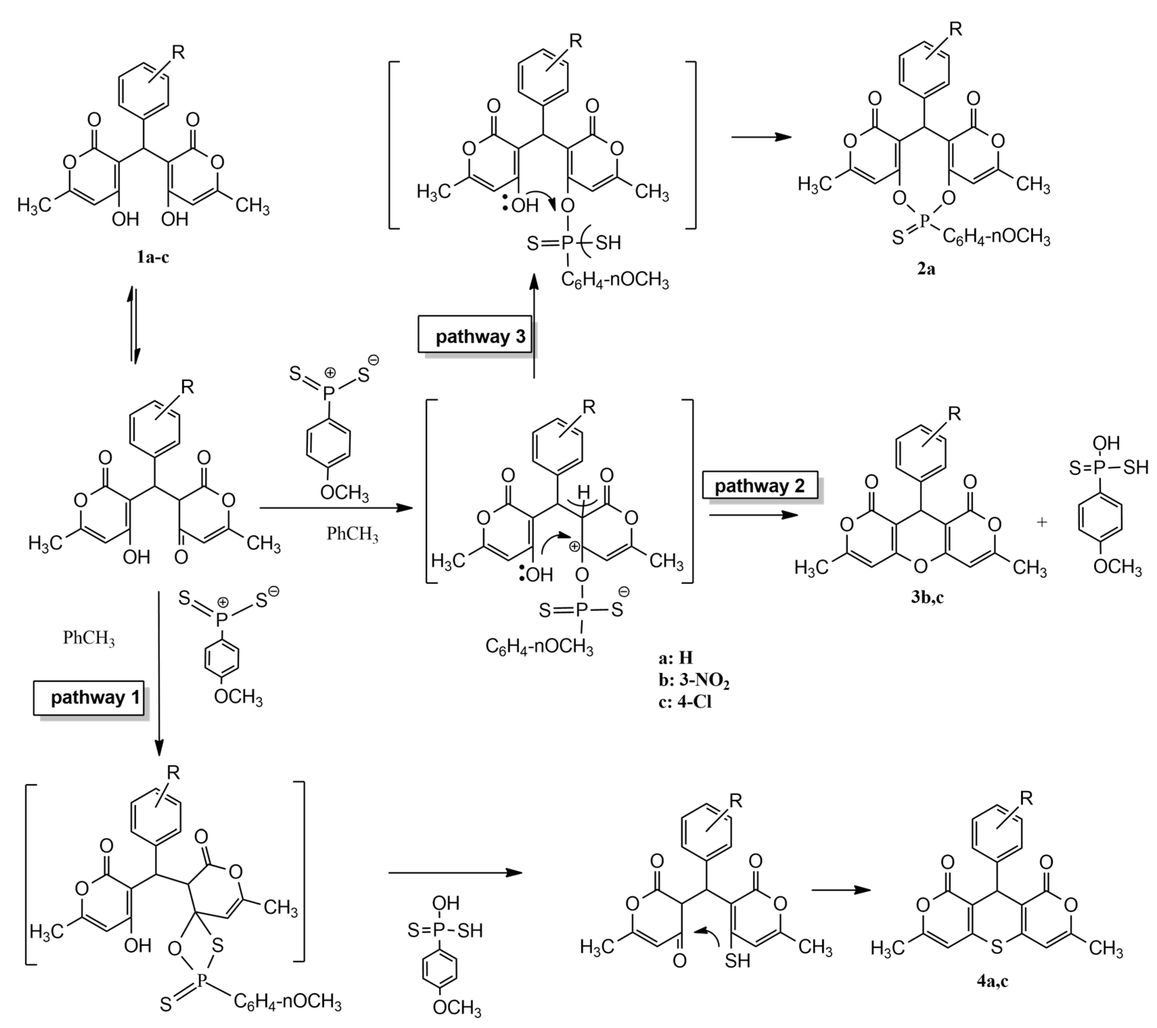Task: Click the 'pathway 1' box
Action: tap(89, 697)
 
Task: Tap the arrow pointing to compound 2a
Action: tap(761, 137)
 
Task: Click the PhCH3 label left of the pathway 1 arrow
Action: tap(89, 638)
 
